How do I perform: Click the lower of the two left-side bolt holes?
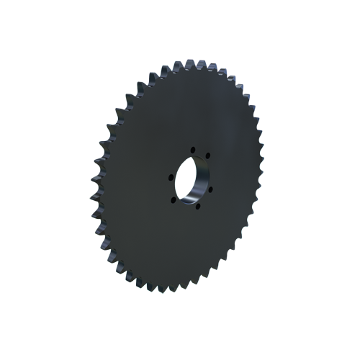click(174, 200)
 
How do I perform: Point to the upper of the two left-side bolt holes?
click(171, 177)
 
